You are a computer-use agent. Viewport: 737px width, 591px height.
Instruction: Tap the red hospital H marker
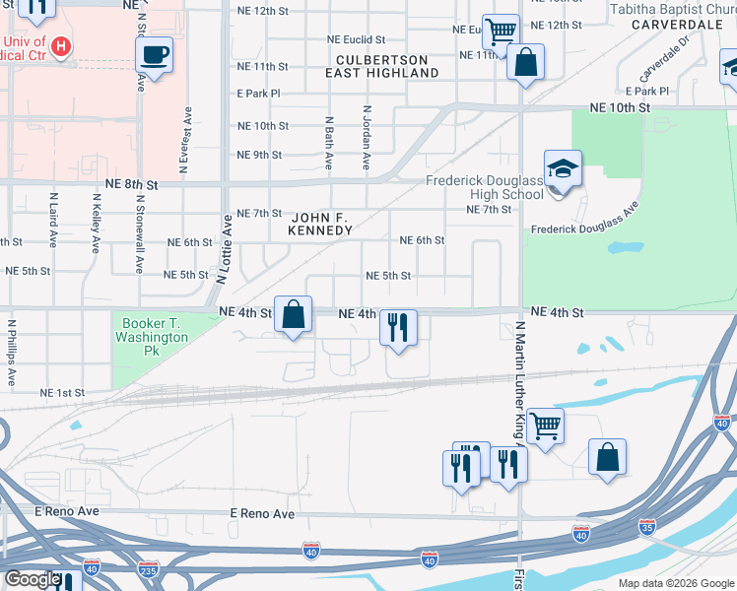click(x=62, y=45)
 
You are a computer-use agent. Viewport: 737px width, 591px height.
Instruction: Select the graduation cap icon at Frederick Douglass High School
click(x=563, y=169)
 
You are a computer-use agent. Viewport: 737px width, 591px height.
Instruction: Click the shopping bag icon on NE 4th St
click(x=293, y=315)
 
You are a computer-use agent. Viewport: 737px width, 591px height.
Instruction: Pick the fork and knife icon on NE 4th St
click(x=398, y=328)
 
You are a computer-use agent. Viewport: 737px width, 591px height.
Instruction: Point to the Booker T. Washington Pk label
click(x=155, y=330)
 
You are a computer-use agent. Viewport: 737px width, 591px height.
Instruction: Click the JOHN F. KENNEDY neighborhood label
click(x=320, y=223)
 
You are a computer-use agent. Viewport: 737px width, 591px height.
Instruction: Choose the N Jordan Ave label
click(x=367, y=137)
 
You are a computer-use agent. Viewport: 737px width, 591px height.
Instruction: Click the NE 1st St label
click(x=62, y=393)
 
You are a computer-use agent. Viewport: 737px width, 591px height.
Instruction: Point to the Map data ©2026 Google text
click(x=675, y=583)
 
